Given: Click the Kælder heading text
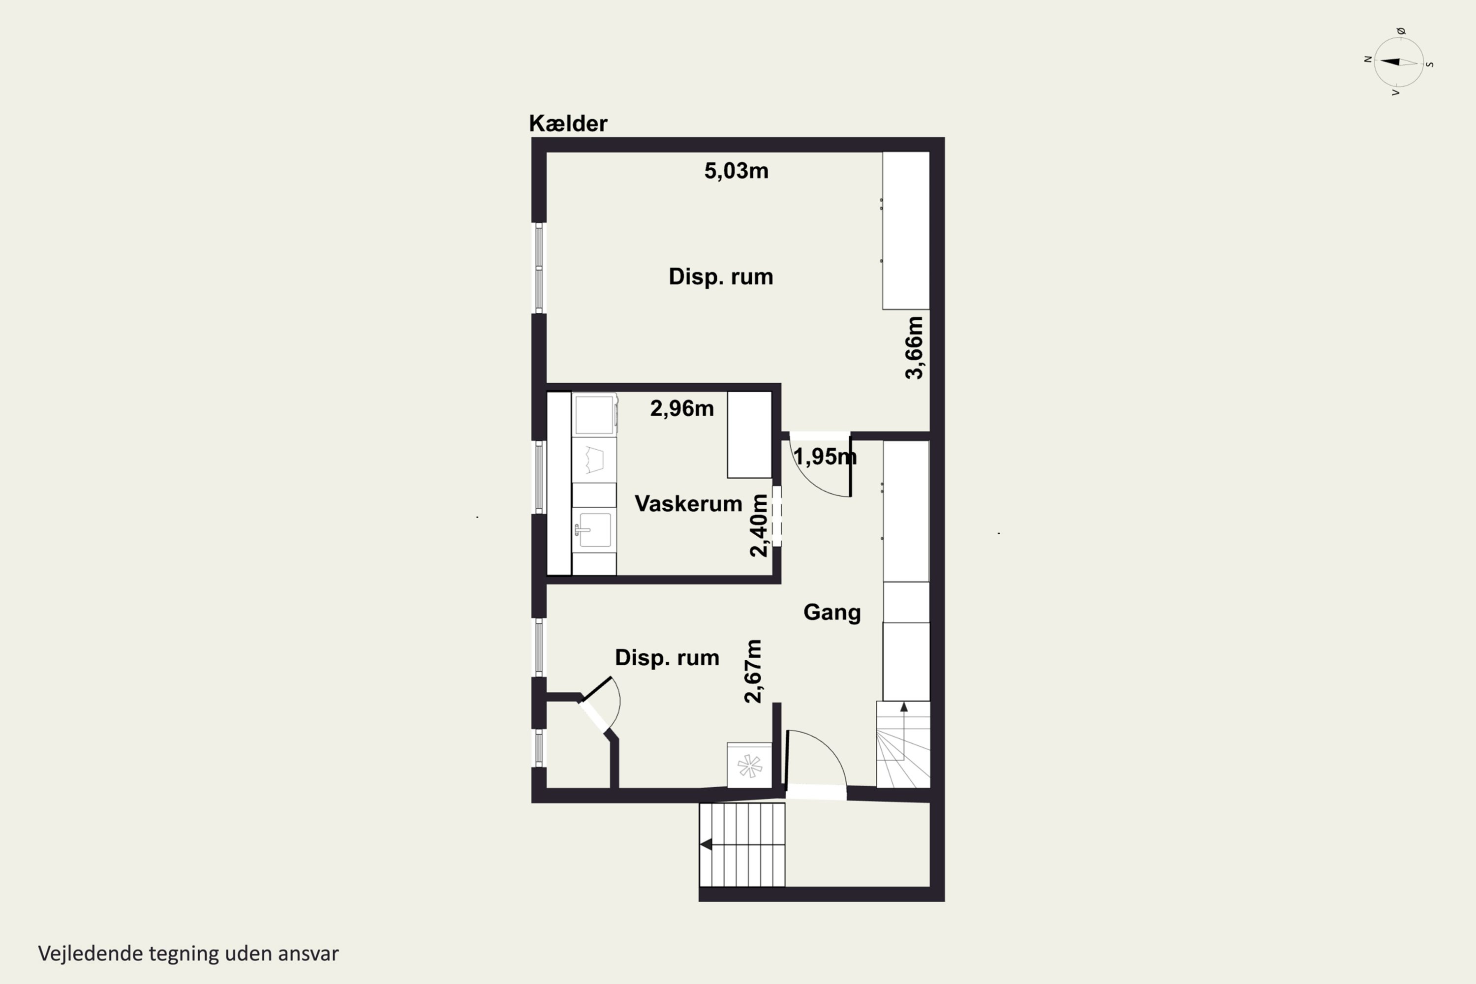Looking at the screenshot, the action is (568, 123).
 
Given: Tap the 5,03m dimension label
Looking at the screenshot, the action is (736, 171).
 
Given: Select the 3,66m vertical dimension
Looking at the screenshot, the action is (914, 348).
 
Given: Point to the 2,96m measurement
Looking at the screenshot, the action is (682, 408).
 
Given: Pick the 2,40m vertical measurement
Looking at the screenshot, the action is (759, 525).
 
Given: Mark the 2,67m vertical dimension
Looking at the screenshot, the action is (753, 671).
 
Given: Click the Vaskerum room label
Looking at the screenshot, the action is (688, 503).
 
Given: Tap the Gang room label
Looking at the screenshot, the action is (832, 612).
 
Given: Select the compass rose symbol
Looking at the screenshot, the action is (1399, 62).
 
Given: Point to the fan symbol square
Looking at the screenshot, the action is (749, 765).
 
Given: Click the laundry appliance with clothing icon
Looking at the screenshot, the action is (594, 460).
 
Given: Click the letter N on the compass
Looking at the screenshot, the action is (1368, 60).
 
